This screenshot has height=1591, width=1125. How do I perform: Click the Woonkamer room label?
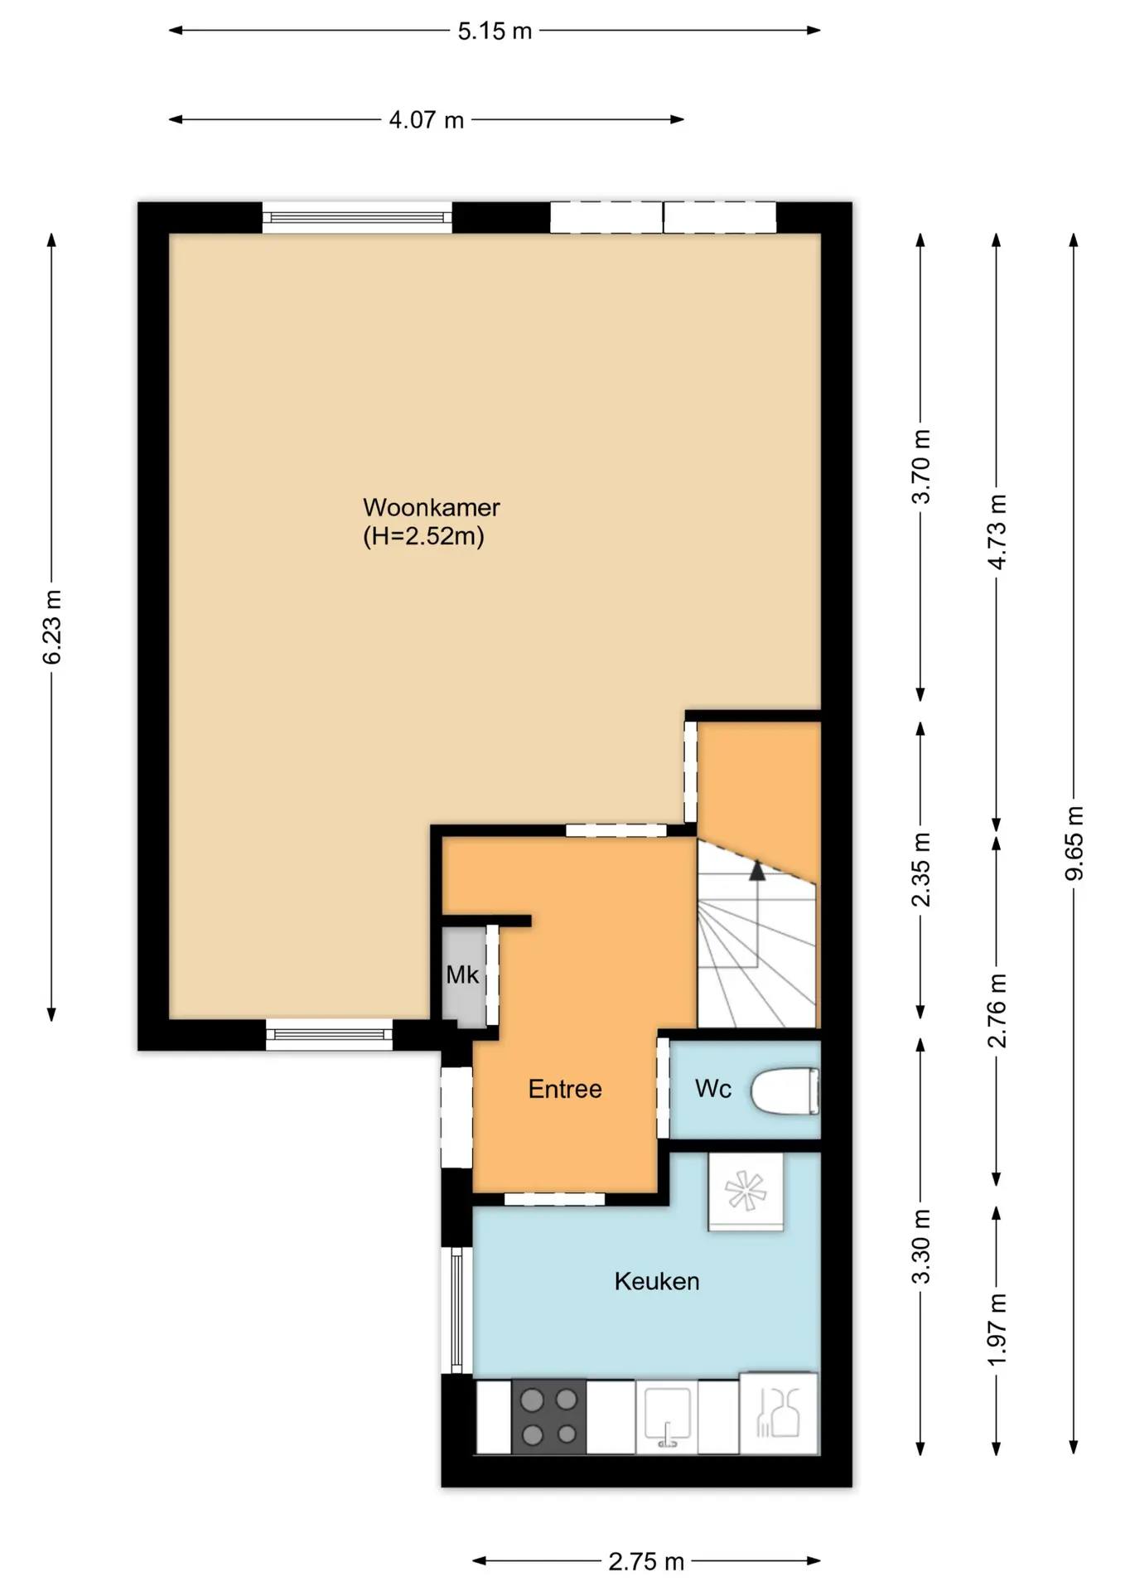tap(432, 507)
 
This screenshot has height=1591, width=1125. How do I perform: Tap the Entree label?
tap(565, 1089)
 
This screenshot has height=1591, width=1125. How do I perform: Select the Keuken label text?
tap(657, 1282)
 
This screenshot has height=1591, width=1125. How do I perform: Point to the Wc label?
tap(712, 1088)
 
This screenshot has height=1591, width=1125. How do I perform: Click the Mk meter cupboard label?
tap(462, 974)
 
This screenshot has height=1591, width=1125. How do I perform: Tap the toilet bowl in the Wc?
tap(785, 1092)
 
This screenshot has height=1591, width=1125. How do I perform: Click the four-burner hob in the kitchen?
tap(549, 1416)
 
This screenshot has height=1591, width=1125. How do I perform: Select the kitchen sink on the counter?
tap(667, 1417)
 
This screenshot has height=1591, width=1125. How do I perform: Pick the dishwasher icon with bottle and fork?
tap(779, 1414)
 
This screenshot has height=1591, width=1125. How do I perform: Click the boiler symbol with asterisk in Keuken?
tap(746, 1192)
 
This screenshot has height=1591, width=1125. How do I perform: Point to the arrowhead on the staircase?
tap(756, 870)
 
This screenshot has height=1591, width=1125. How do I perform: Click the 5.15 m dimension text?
tap(495, 31)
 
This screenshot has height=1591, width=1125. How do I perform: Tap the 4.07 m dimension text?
tap(426, 120)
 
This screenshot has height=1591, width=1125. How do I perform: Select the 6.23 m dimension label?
tap(52, 627)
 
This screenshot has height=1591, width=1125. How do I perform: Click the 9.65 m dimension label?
tap(1074, 843)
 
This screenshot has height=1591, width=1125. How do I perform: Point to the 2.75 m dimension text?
tap(646, 1562)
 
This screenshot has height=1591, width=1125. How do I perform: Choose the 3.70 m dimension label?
tap(921, 467)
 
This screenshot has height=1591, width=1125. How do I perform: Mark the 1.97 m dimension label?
tap(997, 1330)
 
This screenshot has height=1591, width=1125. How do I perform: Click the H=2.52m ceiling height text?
tap(423, 536)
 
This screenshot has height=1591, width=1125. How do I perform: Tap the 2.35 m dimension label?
tap(921, 870)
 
